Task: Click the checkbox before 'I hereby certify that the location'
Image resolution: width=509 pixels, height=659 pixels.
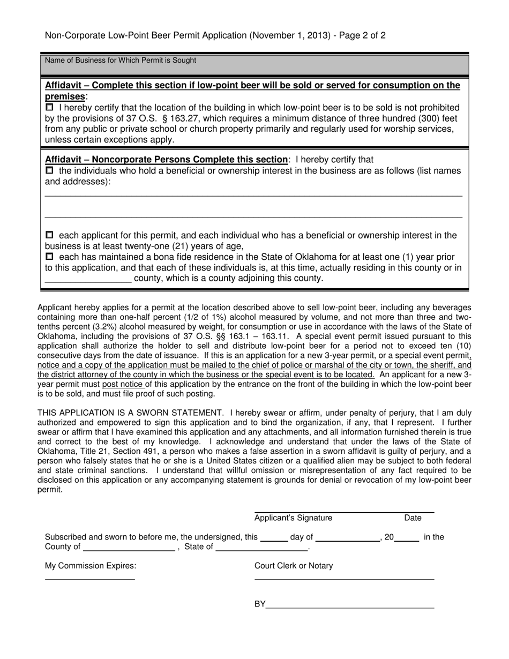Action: click(49, 107)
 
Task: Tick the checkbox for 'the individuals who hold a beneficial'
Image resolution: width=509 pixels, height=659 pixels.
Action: click(49, 170)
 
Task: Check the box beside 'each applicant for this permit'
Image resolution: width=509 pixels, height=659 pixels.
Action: click(49, 235)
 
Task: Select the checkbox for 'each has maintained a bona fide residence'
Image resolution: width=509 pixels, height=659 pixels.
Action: click(49, 257)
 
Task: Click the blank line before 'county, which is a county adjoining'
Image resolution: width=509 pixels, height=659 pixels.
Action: click(88, 279)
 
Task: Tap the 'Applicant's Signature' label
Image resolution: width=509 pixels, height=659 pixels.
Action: click(293, 518)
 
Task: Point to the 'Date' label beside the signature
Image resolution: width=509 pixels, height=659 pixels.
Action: click(413, 518)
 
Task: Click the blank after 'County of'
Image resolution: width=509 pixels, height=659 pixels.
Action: click(129, 547)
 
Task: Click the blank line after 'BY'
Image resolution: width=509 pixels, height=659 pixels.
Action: click(350, 604)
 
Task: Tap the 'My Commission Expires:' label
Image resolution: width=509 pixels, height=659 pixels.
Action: click(91, 566)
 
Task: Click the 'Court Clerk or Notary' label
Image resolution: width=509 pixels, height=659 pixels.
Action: click(294, 566)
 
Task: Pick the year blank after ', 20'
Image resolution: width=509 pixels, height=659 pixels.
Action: click(407, 537)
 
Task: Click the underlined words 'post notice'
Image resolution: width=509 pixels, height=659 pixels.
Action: click(123, 384)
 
